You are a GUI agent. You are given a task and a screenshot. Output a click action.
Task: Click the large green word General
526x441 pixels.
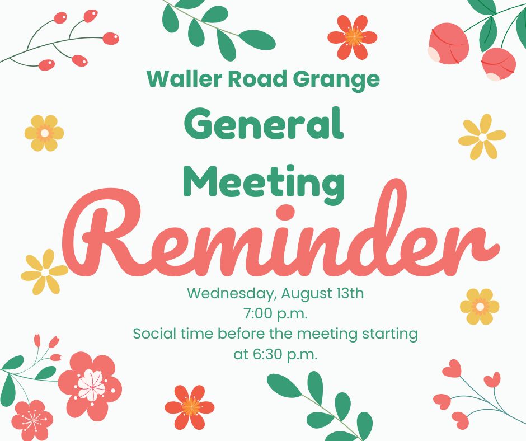[264, 123]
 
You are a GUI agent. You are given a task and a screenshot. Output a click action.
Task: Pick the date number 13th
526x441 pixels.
[350, 293]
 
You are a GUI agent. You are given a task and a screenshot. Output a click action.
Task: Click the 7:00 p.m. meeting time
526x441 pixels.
[275, 315]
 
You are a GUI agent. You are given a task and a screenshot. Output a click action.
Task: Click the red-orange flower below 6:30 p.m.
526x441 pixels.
[190, 407]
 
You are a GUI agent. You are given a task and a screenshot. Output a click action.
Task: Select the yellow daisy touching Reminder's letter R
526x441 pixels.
[45, 272]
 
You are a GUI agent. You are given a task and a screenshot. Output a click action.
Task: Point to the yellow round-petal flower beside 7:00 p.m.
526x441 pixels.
[480, 307]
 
